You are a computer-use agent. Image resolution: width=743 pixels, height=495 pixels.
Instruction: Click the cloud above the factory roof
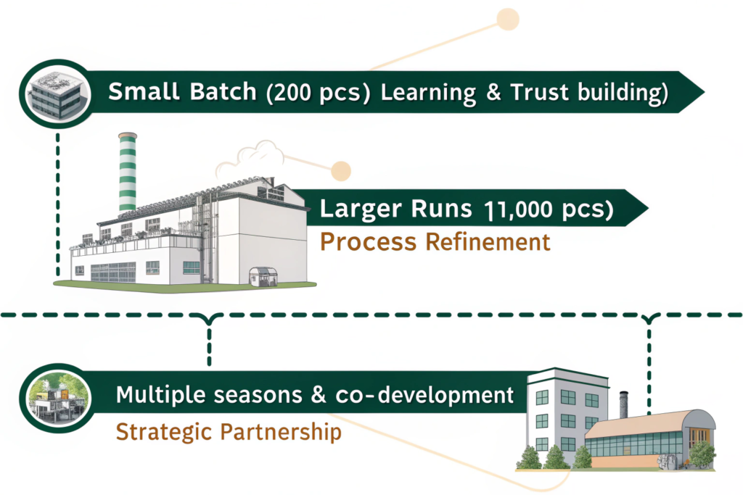pyautogui.click(x=251, y=155)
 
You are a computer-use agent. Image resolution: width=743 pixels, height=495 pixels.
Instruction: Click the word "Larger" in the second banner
pyautogui.click(x=361, y=209)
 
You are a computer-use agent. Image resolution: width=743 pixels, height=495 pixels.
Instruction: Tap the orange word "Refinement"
pyautogui.click(x=488, y=241)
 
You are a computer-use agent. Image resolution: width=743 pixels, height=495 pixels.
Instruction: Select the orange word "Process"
pyautogui.click(x=368, y=241)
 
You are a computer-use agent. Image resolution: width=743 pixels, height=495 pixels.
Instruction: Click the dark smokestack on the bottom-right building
pyautogui.click(x=623, y=405)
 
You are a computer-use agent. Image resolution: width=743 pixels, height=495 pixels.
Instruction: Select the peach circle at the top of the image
pyautogui.click(x=507, y=19)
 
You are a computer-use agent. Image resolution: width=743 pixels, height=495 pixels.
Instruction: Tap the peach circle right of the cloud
pyautogui.click(x=338, y=171)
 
